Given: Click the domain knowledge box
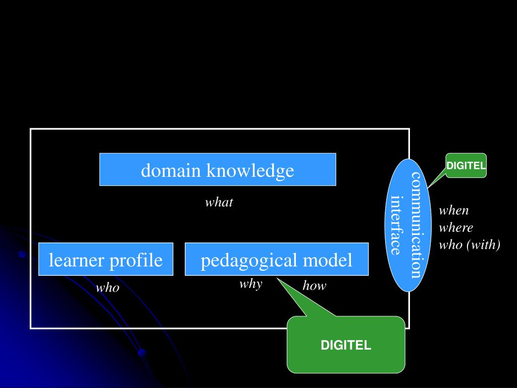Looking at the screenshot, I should [218, 169].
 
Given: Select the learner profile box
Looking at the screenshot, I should [106, 259].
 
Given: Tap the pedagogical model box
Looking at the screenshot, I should [276, 259].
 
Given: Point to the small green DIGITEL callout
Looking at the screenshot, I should [466, 166].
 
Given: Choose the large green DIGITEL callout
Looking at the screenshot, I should [346, 345].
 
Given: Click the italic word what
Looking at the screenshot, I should [219, 203].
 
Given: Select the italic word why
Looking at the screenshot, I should [250, 283].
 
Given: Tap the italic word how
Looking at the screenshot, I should [314, 286].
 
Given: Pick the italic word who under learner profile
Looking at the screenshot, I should [108, 288].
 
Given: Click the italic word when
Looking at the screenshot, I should [453, 211].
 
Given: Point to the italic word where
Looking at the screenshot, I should [455, 228].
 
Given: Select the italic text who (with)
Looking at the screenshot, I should [469, 245].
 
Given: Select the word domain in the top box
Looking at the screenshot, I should [171, 170].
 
